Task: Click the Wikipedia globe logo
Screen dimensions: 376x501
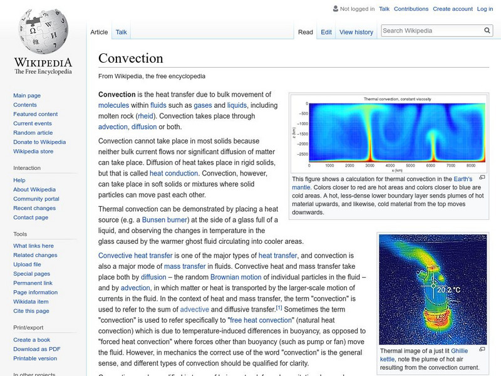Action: [43, 33]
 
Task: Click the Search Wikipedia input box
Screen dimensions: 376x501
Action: [430, 31]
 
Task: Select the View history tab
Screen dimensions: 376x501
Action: [356, 32]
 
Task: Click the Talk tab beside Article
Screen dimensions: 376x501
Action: [121, 32]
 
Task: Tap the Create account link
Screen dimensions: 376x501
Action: [452, 9]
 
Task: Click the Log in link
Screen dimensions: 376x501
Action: [485, 9]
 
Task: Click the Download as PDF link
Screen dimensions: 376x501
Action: [37, 349]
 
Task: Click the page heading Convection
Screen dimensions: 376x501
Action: [131, 58]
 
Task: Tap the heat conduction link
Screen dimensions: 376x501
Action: [173, 173]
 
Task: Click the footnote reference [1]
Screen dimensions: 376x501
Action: [279, 308]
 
